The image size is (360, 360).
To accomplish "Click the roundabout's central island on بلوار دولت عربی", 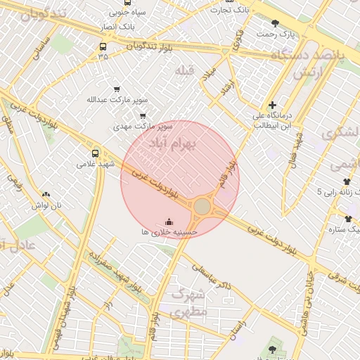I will tap(202, 207).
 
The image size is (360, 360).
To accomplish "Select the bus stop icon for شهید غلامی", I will tap(95, 153).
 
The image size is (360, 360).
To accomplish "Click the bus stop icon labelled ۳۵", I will tap(103, 46).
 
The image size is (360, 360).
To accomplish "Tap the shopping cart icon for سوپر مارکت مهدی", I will tap(143, 116).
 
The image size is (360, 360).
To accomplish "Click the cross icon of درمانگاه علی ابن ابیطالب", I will tap(272, 105).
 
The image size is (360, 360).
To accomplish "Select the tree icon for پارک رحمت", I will tap(285, 23).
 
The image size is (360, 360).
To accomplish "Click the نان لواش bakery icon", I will tap(46, 195).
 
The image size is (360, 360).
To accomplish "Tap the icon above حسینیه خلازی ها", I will tap(167, 221).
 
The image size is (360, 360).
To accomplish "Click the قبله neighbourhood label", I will tap(184, 70).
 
